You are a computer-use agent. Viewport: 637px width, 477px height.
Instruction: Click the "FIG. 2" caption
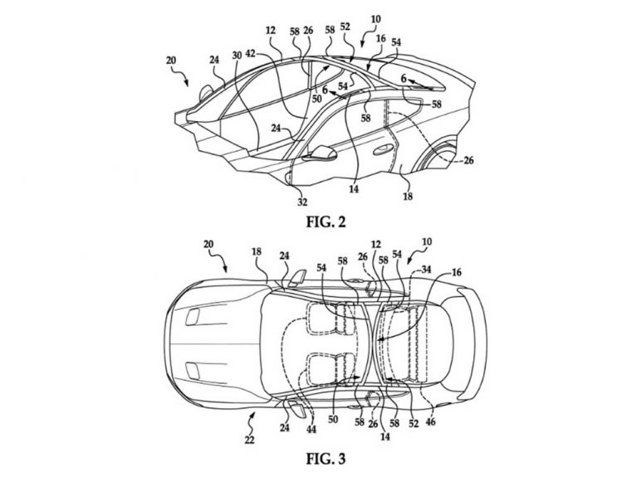(x=326, y=222)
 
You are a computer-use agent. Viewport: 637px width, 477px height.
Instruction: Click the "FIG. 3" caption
(x=326, y=458)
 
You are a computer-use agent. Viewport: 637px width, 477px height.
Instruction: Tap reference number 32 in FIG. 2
(x=302, y=202)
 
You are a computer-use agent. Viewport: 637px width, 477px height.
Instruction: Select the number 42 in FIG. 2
(x=250, y=54)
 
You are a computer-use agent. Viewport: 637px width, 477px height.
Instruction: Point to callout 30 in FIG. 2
(x=237, y=56)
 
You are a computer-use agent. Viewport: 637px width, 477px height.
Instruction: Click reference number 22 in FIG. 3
(x=249, y=439)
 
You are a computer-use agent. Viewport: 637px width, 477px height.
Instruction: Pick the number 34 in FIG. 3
(x=426, y=269)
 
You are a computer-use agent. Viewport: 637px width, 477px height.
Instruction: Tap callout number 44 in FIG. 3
(x=311, y=429)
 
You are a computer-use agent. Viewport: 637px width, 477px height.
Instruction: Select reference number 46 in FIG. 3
(x=430, y=421)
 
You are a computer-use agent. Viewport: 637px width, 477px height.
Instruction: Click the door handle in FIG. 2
(x=380, y=150)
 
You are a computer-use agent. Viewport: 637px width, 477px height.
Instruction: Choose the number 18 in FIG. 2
(x=408, y=197)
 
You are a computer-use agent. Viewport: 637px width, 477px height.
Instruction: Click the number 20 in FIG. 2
(x=171, y=61)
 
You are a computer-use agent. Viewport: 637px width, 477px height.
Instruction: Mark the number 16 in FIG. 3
(x=457, y=272)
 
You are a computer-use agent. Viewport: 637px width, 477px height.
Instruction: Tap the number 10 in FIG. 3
(x=427, y=242)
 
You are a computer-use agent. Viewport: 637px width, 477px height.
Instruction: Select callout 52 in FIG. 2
(x=345, y=27)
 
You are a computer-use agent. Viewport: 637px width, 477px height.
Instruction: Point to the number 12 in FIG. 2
(x=271, y=30)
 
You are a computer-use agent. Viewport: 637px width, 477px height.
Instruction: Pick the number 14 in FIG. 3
(x=385, y=436)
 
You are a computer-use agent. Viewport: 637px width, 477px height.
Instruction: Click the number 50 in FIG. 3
(x=333, y=420)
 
